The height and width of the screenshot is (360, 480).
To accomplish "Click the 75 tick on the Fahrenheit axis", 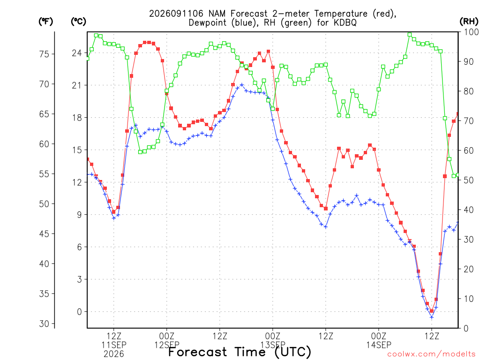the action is [44, 54].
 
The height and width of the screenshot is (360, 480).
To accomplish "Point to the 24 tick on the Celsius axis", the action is [77, 53].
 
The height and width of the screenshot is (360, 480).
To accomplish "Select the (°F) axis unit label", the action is [45, 22].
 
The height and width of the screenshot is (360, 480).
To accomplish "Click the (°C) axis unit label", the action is [78, 22].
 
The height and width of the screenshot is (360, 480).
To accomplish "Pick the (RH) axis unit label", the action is [469, 22].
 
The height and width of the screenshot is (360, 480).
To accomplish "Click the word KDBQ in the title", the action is [345, 22].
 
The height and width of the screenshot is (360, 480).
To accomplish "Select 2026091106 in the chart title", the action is [176, 14].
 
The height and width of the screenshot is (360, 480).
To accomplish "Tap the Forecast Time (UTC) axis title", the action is [240, 352].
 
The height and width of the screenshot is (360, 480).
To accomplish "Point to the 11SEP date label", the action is [114, 345].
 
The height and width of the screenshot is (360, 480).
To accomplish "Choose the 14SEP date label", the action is [379, 345].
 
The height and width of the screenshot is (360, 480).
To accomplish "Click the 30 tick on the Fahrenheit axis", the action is [44, 323].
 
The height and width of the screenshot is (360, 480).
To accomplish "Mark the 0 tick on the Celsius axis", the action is [80, 312].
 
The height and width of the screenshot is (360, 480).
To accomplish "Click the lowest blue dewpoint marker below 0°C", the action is [432, 317].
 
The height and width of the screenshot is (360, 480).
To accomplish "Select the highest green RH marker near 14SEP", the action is [410, 35].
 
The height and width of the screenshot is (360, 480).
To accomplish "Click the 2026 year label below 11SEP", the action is [114, 354].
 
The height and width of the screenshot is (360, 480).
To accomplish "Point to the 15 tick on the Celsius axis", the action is [77, 150].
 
